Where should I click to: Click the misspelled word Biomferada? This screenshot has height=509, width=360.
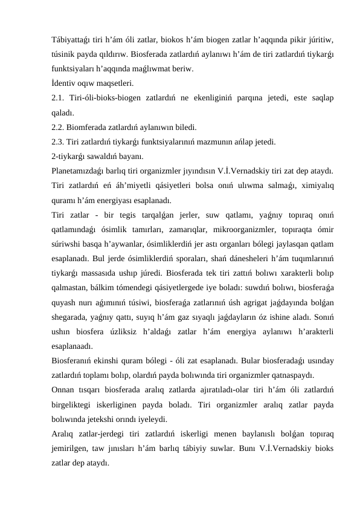(x=89, y=127)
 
